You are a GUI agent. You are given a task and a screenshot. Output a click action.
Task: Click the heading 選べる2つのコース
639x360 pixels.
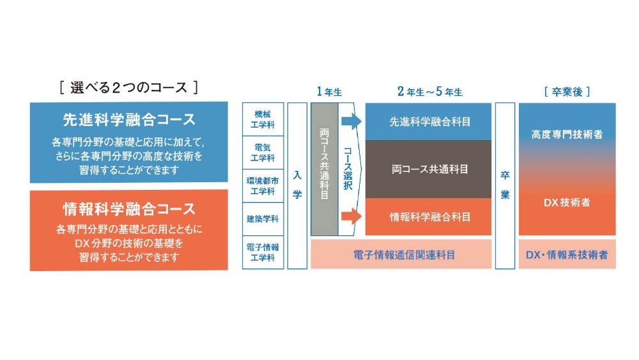pos(128,88)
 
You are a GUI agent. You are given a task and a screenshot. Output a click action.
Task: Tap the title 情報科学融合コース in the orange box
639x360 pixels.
pos(128,209)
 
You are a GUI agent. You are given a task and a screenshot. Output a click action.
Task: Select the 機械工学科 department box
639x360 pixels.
pos(263,118)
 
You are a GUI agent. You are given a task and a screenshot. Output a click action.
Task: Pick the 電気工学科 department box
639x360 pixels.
pos(263,152)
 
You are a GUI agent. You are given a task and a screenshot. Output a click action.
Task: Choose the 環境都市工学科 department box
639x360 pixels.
pos(263,185)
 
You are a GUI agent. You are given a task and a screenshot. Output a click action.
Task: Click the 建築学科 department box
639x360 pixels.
pos(263,219)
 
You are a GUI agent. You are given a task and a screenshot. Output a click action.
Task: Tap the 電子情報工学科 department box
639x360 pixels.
pos(263,253)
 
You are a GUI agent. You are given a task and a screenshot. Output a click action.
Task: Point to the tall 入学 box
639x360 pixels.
pos(297,185)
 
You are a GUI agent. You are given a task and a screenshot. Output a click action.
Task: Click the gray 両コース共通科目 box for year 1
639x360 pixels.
pos(324,169)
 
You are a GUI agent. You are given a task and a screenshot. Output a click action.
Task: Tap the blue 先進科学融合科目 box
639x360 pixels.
pos(428,121)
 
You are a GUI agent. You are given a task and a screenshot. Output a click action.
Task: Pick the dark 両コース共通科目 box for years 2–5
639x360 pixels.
pos(428,169)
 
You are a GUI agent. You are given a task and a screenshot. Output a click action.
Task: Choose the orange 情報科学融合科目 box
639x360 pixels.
pos(428,217)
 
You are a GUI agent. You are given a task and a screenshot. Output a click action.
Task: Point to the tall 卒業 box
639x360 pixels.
pos(505,185)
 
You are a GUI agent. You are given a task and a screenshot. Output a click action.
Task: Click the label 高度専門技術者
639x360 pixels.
pos(567,134)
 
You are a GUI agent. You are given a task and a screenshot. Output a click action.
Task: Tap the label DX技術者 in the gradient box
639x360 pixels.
pos(567,203)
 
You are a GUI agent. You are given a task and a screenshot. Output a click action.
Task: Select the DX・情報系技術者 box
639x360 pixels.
pos(567,254)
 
